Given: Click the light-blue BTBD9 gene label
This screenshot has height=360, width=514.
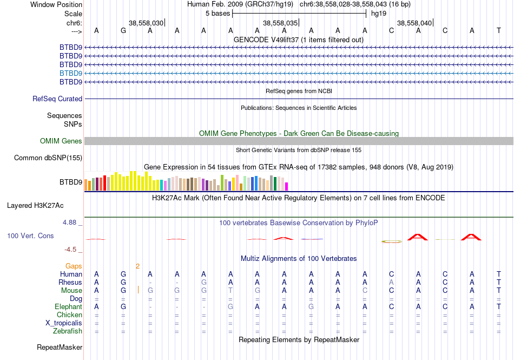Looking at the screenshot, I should click(71, 73).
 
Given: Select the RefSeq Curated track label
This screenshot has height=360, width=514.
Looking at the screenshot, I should click(57, 99).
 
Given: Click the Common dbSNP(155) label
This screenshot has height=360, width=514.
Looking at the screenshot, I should click(48, 158).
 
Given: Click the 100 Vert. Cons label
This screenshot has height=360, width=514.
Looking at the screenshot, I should click(30, 236).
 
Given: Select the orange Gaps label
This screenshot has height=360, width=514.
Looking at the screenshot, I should click(74, 266).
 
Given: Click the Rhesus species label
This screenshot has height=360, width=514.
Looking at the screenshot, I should click(70, 283).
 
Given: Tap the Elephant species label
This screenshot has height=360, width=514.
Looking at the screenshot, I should click(68, 307).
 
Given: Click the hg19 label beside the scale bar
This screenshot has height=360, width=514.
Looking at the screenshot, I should click(379, 14).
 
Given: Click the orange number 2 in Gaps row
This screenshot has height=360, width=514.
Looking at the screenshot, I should click(137, 266).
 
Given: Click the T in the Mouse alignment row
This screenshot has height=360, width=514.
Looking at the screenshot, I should click(230, 291).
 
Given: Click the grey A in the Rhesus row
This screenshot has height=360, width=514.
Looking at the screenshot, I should click(391, 283).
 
